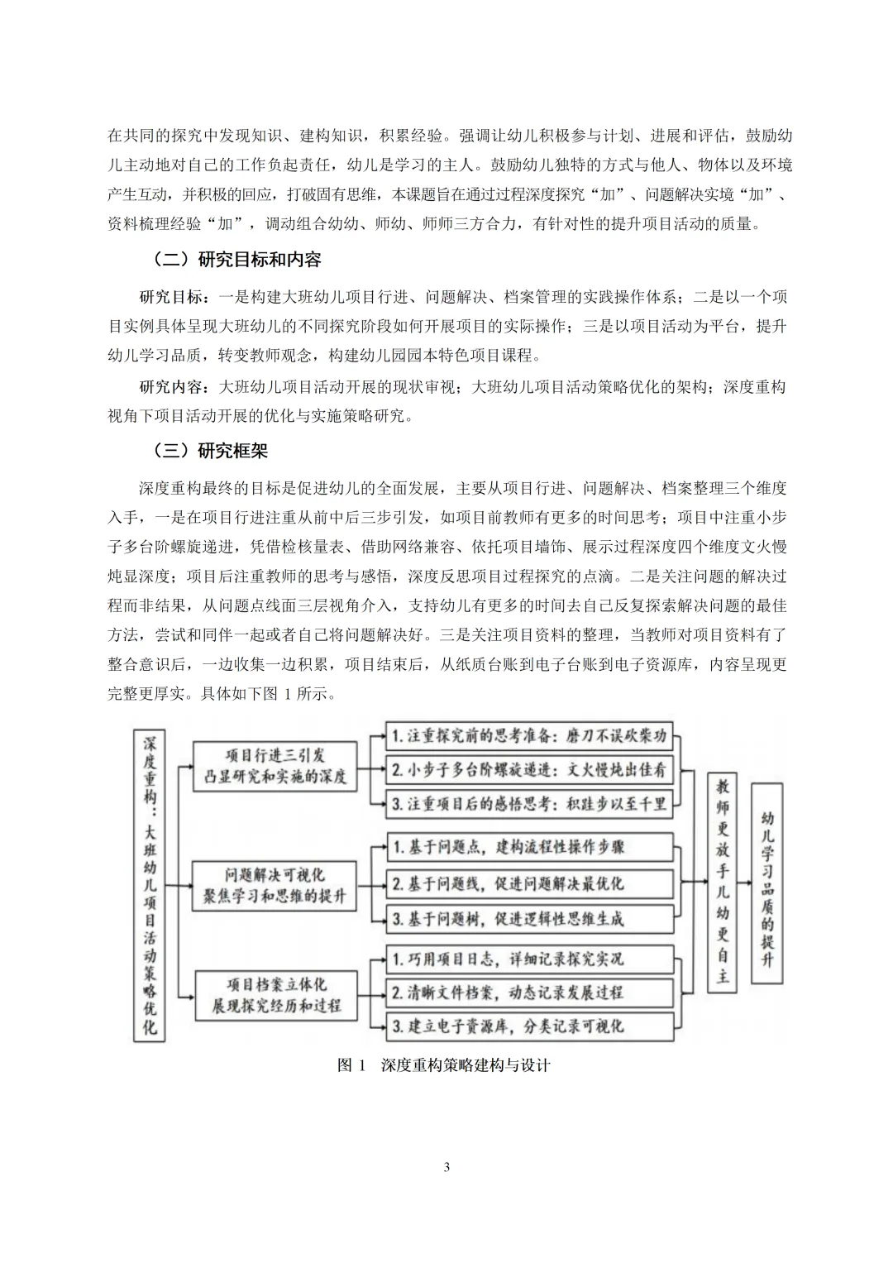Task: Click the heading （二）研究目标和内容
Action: tap(237, 260)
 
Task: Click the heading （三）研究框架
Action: tap(211, 451)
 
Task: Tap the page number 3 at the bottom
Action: tap(446, 1167)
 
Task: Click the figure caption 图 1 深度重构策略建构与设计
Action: tap(444, 1065)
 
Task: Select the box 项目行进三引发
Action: tap(275, 766)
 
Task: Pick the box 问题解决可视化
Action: tap(275, 885)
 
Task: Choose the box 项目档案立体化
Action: tap(275, 995)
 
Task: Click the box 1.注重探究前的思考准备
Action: tap(529, 735)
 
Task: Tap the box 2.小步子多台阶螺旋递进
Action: tap(529, 769)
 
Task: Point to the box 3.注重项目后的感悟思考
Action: tap(529, 803)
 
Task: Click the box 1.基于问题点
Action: tap(529, 846)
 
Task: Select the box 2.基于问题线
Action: tap(529, 884)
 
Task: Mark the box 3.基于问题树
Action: tap(529, 919)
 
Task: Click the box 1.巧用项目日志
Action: tap(529, 959)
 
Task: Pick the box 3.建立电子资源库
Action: tap(529, 1026)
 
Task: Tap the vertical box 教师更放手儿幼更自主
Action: tap(723, 882)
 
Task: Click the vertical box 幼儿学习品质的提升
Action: tap(768, 882)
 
